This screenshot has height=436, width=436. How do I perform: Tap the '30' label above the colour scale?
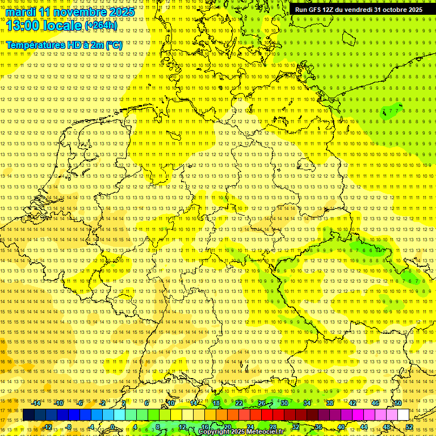click(x=284, y=403)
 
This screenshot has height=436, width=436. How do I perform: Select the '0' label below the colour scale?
click(x=112, y=427)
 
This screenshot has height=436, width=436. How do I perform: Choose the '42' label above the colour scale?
click(x=352, y=403)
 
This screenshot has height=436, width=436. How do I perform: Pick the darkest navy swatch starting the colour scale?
click(x=28, y=415)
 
